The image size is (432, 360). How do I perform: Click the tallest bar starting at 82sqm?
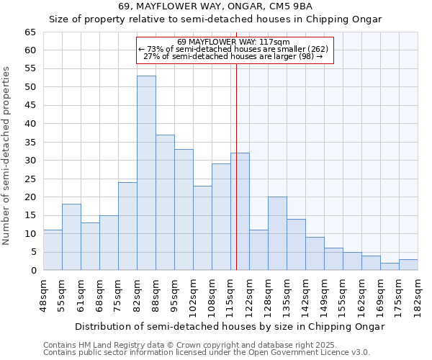(146, 173)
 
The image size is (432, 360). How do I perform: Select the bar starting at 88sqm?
(165, 202)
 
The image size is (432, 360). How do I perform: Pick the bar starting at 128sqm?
(277, 233)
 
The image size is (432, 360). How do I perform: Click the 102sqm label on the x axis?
(193, 294)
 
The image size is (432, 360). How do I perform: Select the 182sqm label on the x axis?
(418, 294)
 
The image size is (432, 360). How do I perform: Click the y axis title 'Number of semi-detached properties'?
(7, 156)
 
